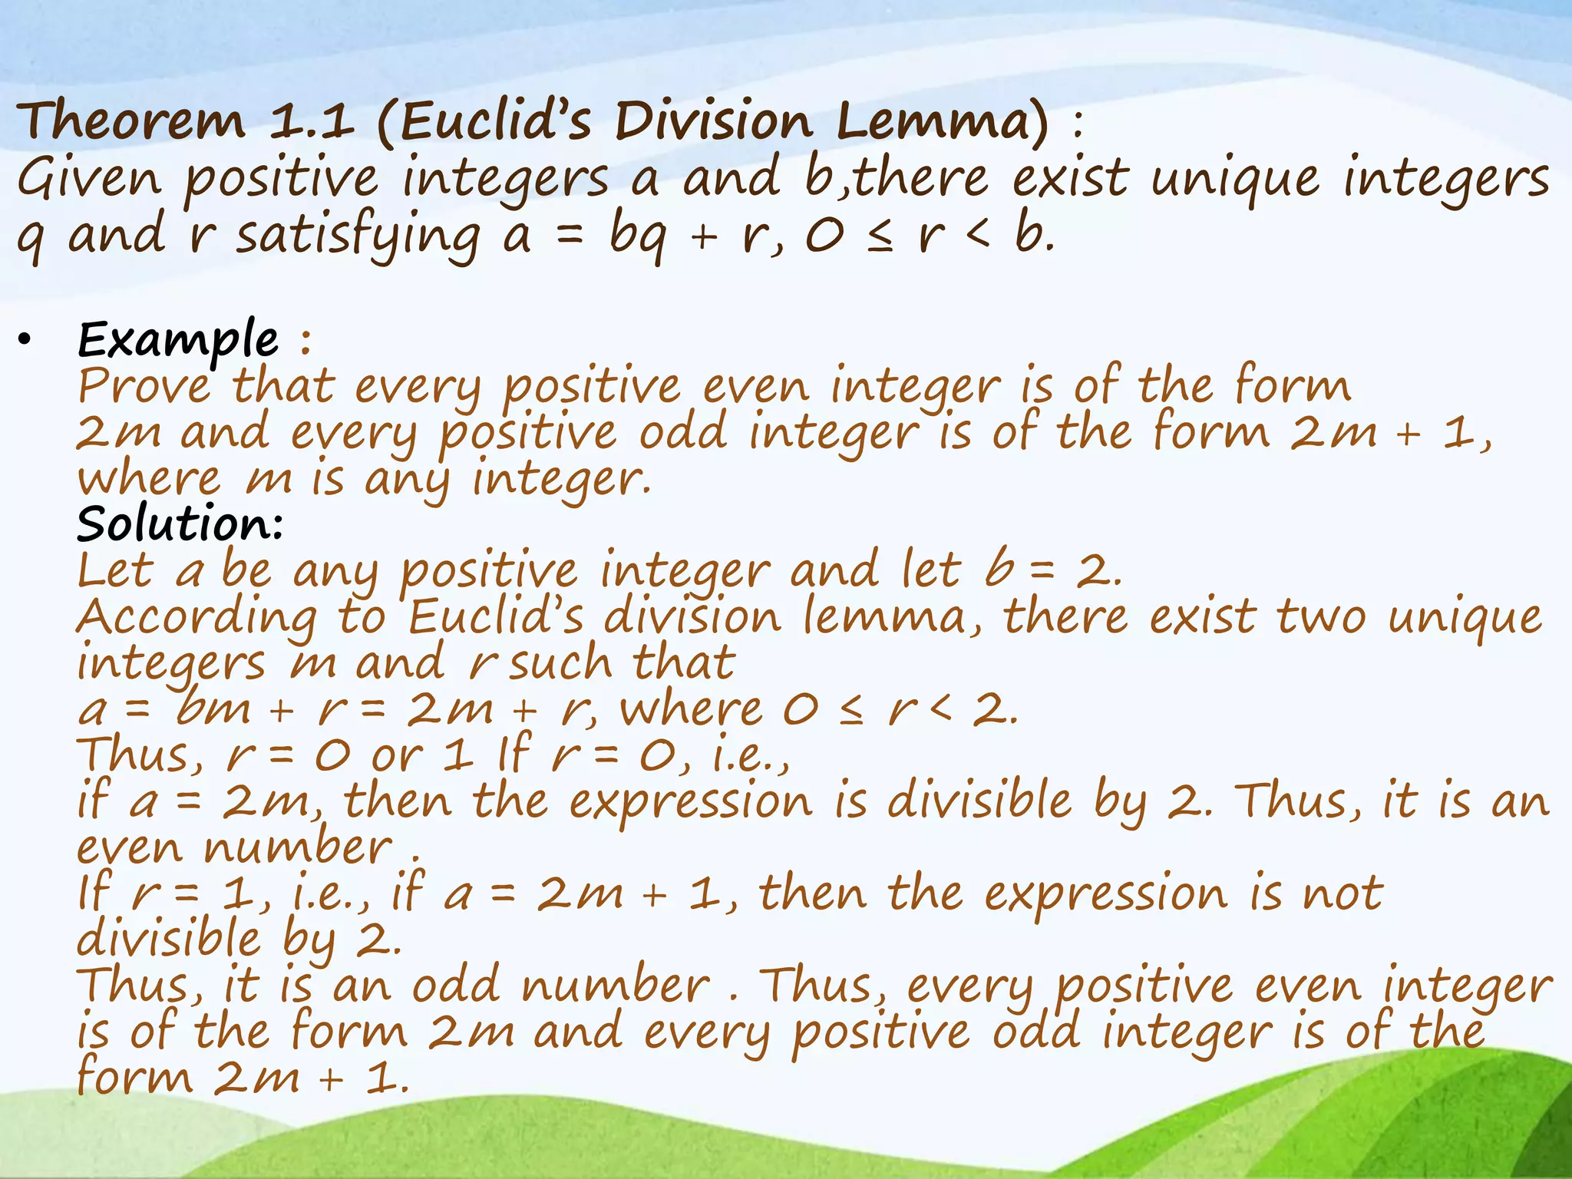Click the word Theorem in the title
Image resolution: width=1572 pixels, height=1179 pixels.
[x=130, y=121]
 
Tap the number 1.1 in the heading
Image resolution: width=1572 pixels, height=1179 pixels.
[x=311, y=121]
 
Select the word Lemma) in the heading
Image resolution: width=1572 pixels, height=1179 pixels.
[x=941, y=121]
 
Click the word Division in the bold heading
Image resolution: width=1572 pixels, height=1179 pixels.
[x=713, y=121]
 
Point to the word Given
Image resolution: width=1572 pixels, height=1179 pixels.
[x=89, y=178]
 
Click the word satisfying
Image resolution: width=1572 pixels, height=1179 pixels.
[x=358, y=235]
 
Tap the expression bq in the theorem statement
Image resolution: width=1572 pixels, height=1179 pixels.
[x=638, y=235]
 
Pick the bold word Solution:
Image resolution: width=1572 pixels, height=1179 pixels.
[x=180, y=524]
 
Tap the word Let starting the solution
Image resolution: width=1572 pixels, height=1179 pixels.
[x=116, y=571]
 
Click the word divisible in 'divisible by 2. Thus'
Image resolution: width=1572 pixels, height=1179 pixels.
[x=979, y=801]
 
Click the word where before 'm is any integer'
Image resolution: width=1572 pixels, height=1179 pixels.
[x=149, y=480]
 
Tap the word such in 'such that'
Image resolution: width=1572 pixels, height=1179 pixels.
[x=560, y=663]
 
